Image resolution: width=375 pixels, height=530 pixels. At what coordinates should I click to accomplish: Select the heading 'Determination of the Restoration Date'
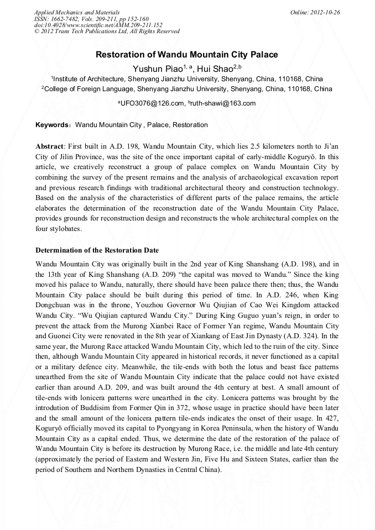97,250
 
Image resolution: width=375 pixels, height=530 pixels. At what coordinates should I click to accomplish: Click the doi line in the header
98,25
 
